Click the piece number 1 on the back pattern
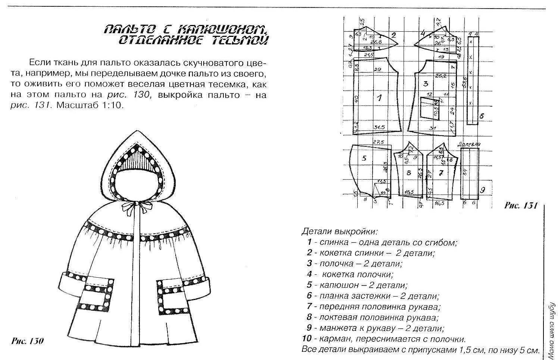pos(379,98)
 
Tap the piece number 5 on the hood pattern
pos(364,158)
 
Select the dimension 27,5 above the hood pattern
pos(379,142)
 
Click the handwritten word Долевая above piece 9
pos(468,144)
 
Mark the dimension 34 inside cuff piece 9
pos(465,172)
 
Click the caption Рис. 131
pos(520,205)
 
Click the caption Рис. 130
pos(28,341)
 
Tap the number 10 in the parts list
pos(307,339)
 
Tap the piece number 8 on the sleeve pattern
pos(408,173)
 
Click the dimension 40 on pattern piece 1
pos(356,98)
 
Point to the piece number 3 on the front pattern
pos(425,84)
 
